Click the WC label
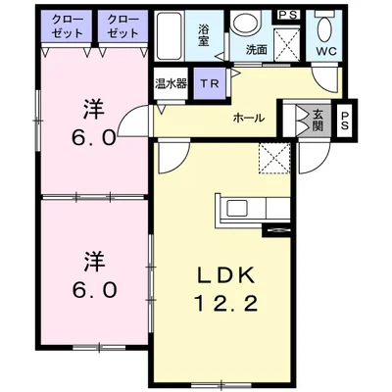[325, 51]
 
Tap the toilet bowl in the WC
[324, 29]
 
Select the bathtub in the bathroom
[169, 36]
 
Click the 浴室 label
[203, 35]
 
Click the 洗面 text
[257, 50]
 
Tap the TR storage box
[210, 83]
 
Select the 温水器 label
[171, 84]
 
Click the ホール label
[249, 118]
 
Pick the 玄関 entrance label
[318, 121]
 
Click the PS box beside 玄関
[345, 121]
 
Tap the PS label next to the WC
[288, 15]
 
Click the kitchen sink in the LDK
[238, 208]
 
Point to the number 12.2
[226, 304]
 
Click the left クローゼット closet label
[68, 27]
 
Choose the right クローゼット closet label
[122, 27]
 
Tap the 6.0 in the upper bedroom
[94, 138]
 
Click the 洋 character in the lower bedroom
[94, 261]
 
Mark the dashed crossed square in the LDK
[274, 159]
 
